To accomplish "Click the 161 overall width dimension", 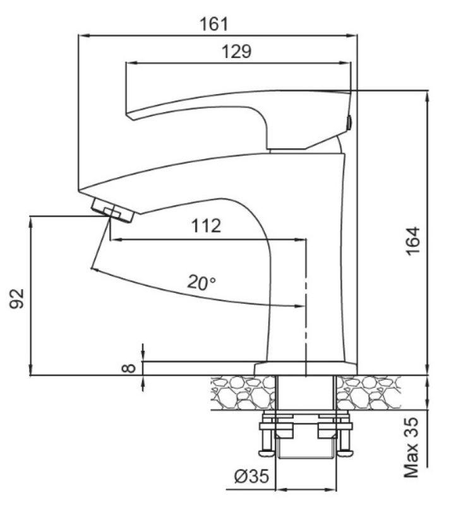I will coord(213,25).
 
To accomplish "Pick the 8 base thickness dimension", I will coord(131,366).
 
